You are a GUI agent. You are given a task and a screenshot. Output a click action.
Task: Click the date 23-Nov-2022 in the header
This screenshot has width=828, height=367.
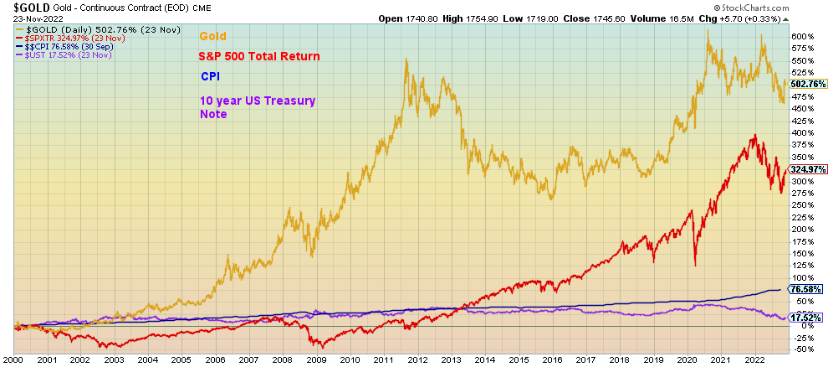[x=28, y=18]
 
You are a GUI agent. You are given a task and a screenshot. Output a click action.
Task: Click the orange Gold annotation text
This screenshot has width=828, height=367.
[x=212, y=36]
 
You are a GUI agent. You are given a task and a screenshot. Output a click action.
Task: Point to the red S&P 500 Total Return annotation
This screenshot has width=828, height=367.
[x=259, y=56]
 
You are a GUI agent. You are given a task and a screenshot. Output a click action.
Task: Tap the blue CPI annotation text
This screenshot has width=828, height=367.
[x=210, y=76]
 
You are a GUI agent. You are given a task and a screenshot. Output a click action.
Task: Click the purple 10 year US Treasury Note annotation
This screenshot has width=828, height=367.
[x=258, y=106]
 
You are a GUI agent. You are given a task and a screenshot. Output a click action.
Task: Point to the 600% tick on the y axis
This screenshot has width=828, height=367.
[x=803, y=36]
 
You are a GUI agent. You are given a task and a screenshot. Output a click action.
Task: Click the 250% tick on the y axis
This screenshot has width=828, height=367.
[x=803, y=205]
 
